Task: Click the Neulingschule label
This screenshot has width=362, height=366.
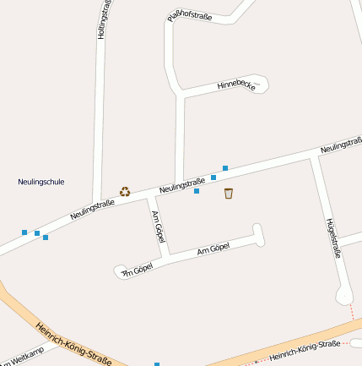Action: pyautogui.click(x=41, y=182)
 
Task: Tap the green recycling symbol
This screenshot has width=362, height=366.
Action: pyautogui.click(x=125, y=192)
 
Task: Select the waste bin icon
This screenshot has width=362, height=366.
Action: pyautogui.click(x=229, y=194)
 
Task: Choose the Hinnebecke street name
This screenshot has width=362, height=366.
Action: pyautogui.click(x=235, y=85)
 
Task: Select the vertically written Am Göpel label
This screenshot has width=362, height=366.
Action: pyautogui.click(x=157, y=227)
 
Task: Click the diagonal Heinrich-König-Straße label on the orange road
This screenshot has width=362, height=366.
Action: pyautogui.click(x=74, y=342)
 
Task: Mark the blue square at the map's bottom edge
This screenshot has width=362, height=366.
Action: pyautogui.click(x=157, y=363)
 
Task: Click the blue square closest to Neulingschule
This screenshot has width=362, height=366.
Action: pyautogui.click(x=24, y=231)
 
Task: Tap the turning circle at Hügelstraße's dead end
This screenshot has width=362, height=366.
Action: pyautogui.click(x=344, y=294)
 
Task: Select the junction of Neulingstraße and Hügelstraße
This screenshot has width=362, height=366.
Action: pyautogui.click(x=313, y=156)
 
